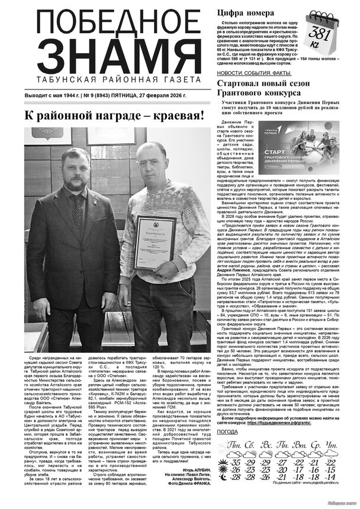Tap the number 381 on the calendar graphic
pos(320,33)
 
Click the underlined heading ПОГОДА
pos(228,432)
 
